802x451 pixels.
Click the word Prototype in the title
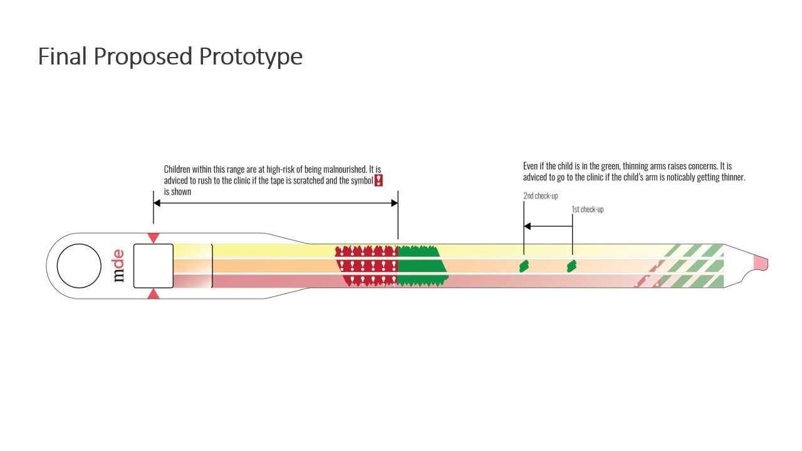tap(251, 56)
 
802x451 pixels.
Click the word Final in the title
tap(62, 56)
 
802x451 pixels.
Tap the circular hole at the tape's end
tap(79, 266)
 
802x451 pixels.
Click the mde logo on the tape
tap(119, 266)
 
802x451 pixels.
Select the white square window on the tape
tap(154, 266)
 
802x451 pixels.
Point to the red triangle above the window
tap(154, 238)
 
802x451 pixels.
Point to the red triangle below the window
tap(154, 294)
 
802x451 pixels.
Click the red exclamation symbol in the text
tap(378, 180)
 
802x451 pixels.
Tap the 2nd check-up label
tap(541, 196)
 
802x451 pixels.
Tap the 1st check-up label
tap(588, 209)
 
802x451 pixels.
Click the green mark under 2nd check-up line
tap(524, 266)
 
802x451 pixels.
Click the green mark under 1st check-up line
tap(572, 266)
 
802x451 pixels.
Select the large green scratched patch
tap(422, 266)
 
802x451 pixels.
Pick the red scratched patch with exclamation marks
tap(367, 266)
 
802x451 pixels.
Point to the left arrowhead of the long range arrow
tap(157, 203)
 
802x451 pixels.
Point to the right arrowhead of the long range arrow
tap(395, 203)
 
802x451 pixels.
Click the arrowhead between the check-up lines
tap(528, 226)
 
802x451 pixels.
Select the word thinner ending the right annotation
tap(733, 177)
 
